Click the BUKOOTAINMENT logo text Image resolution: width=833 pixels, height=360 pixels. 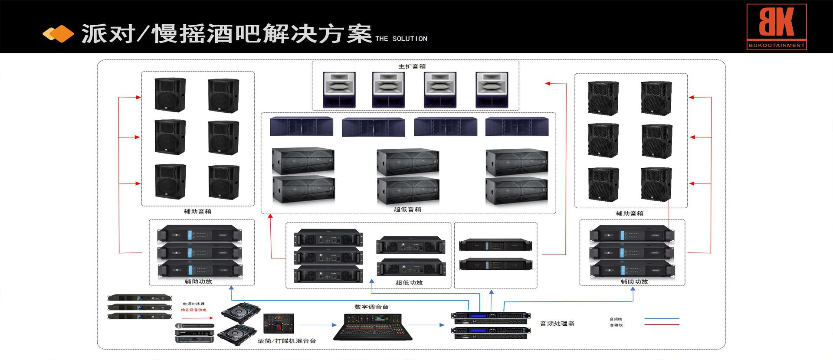pyautogui.click(x=776, y=45)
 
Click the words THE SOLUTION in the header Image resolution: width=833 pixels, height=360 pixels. pyautogui.click(x=401, y=39)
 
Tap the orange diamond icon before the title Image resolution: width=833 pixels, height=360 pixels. pyautogui.click(x=58, y=34)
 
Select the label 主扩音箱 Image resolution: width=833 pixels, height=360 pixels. pyautogui.click(x=412, y=66)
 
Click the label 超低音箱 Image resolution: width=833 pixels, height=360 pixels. pyautogui.click(x=407, y=209)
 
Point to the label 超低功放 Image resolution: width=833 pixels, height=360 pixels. pyautogui.click(x=409, y=283)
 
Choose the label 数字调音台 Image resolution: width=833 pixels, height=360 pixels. pyautogui.click(x=371, y=307)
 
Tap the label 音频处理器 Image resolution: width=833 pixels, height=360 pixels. pyautogui.click(x=557, y=324)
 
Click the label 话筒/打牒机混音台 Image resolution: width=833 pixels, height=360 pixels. pyautogui.click(x=287, y=341)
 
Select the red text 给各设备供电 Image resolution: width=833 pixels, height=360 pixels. pyautogui.click(x=193, y=310)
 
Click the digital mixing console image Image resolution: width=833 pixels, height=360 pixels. pyautogui.click(x=373, y=327)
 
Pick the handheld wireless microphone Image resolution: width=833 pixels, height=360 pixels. pyautogui.click(x=194, y=326)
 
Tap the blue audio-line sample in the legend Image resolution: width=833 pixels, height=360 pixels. pyautogui.click(x=662, y=319)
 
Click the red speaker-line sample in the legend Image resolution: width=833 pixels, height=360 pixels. pyautogui.click(x=662, y=325)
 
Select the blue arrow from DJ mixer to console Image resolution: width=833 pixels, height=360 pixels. pyautogui.click(x=318, y=325)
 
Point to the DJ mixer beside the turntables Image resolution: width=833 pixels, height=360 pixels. pyautogui.click(x=279, y=323)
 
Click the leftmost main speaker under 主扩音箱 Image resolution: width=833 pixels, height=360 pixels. pyautogui.click(x=339, y=90)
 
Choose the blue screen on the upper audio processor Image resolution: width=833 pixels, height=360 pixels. pyautogui.click(x=478, y=316)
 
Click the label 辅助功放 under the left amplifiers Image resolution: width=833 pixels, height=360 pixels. pyautogui.click(x=198, y=281)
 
